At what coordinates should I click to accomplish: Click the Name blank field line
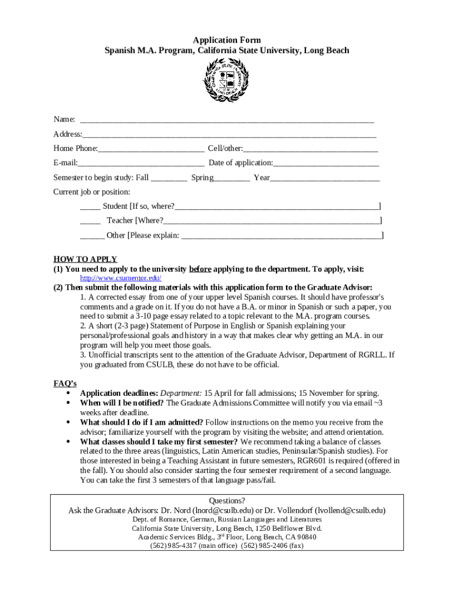click(227, 121)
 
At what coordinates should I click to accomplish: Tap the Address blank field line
click(229, 136)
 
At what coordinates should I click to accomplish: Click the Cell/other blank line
click(310, 150)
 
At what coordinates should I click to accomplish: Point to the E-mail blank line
click(142, 165)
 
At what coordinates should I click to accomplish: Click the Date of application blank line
click(326, 165)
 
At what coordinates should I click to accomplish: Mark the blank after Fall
click(169, 179)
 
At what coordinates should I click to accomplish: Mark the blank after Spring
click(232, 179)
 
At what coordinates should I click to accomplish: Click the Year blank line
click(325, 179)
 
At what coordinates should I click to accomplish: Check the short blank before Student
click(90, 208)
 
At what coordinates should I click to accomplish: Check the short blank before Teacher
click(90, 222)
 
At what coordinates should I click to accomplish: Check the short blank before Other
click(92, 237)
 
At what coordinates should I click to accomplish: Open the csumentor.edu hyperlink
click(121, 278)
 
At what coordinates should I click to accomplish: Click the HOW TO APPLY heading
click(85, 259)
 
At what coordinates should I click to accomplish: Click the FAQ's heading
click(65, 383)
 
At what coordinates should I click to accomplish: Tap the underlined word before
click(200, 268)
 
